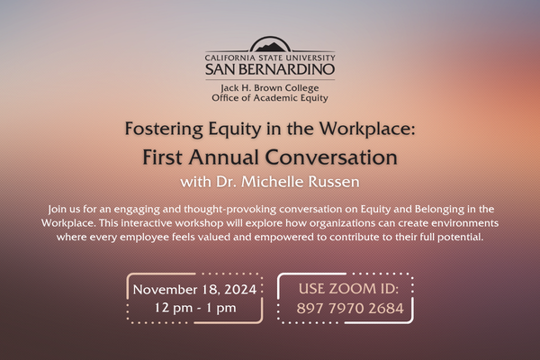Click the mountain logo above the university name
270,45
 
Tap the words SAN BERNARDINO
270,69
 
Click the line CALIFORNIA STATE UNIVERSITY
270,58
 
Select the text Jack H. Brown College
270,88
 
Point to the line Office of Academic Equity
270,98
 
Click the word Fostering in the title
164,130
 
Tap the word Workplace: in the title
367,129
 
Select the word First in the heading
162,157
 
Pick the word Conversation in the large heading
331,157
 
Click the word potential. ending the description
461,238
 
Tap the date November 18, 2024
194,290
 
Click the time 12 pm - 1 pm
195,308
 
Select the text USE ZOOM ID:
348,289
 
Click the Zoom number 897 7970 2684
350,309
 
